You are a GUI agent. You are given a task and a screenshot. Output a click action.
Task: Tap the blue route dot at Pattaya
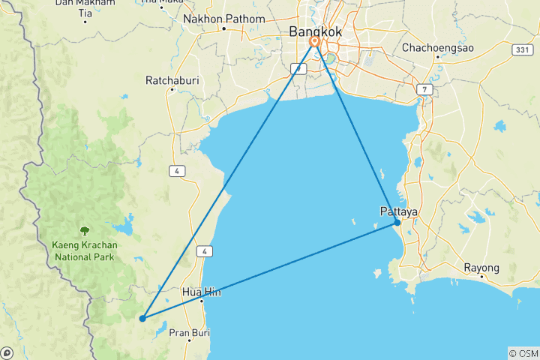coord(397,223)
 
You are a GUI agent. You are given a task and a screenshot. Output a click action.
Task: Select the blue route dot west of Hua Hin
coord(142,318)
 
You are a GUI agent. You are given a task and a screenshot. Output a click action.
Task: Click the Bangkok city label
coord(316,31)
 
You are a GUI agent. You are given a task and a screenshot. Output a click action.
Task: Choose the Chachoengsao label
coord(437,47)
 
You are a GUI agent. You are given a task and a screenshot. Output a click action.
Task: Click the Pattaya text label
coord(398,212)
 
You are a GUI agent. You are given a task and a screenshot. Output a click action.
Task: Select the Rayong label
coord(481,268)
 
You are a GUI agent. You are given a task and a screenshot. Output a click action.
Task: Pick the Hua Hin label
coord(201,292)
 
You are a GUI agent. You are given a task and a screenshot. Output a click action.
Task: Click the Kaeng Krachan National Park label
coord(84,250)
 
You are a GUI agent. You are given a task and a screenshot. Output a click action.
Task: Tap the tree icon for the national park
coord(84,231)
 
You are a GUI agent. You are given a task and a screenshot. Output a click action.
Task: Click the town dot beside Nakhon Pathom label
coord(223,29)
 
